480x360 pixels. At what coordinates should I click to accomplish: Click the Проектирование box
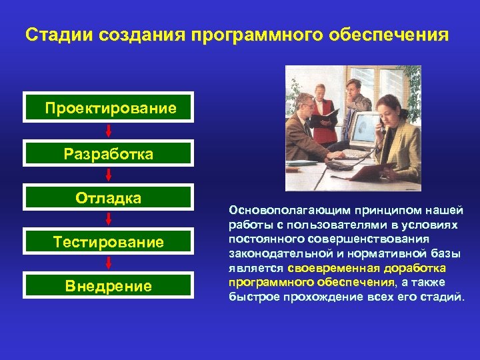[108, 107]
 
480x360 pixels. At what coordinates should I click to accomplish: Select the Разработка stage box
[108, 154]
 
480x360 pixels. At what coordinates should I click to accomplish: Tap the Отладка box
[108, 198]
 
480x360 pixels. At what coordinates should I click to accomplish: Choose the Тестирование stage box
[108, 242]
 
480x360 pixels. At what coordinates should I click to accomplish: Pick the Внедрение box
[108, 286]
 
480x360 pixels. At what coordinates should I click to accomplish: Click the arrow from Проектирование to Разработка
[108, 131]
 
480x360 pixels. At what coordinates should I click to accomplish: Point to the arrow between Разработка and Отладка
[108, 177]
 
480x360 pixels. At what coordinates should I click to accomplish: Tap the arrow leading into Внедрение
[108, 264]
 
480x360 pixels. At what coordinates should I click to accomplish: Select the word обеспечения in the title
[389, 34]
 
